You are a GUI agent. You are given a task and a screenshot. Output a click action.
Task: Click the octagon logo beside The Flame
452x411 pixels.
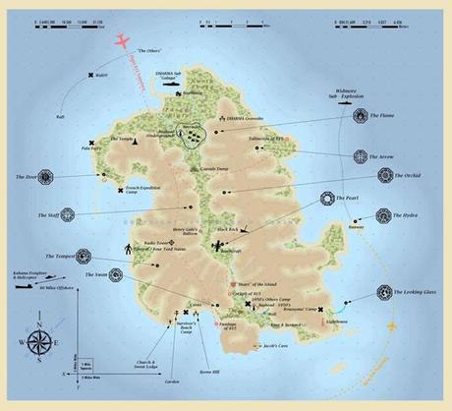pos(361,117)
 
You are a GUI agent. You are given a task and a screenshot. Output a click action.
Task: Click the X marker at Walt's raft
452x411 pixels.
pos(90,76)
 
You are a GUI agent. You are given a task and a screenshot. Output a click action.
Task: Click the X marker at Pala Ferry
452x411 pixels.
pos(91,144)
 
